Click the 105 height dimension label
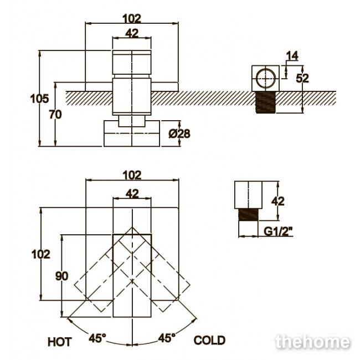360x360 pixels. (x=39, y=99)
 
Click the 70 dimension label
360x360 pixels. (x=55, y=115)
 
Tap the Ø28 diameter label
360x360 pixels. (x=179, y=133)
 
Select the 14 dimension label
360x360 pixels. (x=292, y=56)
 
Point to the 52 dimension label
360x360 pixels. (x=302, y=79)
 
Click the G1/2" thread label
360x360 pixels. (x=278, y=231)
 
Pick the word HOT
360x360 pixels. (x=60, y=342)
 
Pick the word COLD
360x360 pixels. (x=209, y=340)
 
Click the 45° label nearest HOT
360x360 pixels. (x=97, y=338)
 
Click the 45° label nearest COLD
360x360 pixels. (x=167, y=338)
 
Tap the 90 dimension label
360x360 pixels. (x=62, y=276)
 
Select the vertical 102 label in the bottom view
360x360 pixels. (x=40, y=254)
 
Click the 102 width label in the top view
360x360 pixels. (x=132, y=19)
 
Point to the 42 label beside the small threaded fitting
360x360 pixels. (x=278, y=202)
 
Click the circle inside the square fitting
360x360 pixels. (x=266, y=78)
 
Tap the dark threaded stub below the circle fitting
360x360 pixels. (x=266, y=102)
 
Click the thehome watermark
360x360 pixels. (x=313, y=342)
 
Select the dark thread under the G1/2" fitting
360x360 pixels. (x=249, y=215)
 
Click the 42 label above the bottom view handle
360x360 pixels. (x=132, y=194)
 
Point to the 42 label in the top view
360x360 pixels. (x=132, y=34)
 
